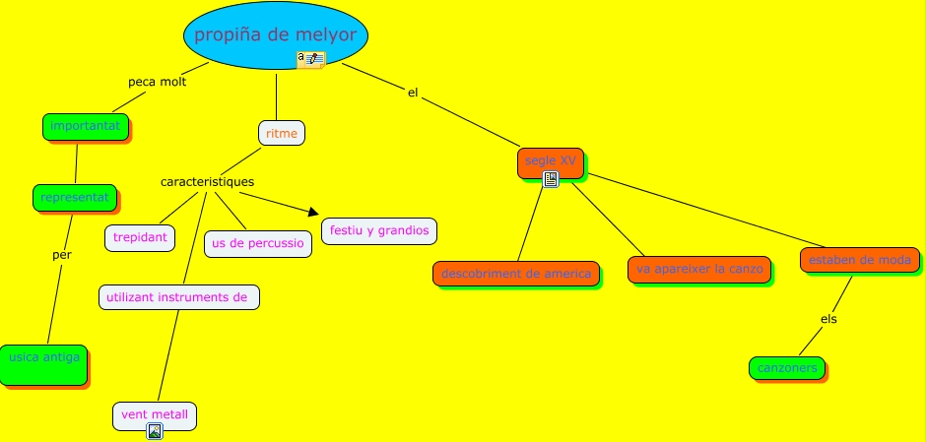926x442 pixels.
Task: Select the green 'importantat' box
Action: pos(86,126)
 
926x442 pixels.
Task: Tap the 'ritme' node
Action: pos(282,133)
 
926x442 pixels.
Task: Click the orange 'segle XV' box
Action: pos(550,161)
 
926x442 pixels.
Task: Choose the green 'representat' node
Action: pos(75,197)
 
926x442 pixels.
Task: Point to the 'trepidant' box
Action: pos(140,238)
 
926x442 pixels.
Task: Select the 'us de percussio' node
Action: pos(258,243)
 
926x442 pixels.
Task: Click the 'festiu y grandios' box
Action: pos(379,231)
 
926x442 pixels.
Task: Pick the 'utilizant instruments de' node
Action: pos(179,296)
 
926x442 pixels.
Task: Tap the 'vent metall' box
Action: pos(155,415)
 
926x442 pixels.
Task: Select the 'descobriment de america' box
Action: pos(516,274)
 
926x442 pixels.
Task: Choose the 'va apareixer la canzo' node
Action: pos(699,269)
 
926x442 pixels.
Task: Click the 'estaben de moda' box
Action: pos(861,260)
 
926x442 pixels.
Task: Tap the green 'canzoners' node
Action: pos(787,368)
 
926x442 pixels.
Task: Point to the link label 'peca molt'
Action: pos(158,82)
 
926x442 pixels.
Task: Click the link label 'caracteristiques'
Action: pos(207,182)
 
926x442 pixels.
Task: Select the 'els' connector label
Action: pos(828,319)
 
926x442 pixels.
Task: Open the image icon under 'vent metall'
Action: pos(155,431)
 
